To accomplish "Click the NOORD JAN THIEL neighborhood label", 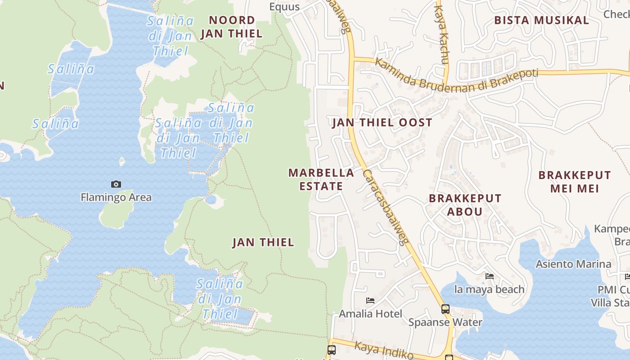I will pyautogui.click(x=231, y=27).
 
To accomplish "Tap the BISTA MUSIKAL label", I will pyautogui.click(x=541, y=20).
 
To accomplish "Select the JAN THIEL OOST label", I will pyautogui.click(x=382, y=122).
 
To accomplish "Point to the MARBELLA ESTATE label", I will pyautogui.click(x=321, y=180).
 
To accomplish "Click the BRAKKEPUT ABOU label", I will pyautogui.click(x=465, y=205).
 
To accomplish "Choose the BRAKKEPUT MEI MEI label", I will pyautogui.click(x=575, y=181).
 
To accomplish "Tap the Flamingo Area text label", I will pyautogui.click(x=116, y=197).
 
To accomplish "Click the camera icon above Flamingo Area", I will pyautogui.click(x=116, y=184).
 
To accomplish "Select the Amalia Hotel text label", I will pyautogui.click(x=371, y=314).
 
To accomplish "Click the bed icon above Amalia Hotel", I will pyautogui.click(x=370, y=301).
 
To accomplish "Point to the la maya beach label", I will pyautogui.click(x=490, y=289).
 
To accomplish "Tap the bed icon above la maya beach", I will pyautogui.click(x=490, y=276).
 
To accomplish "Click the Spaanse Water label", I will pyautogui.click(x=445, y=322).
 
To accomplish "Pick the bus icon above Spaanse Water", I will pyautogui.click(x=445, y=309).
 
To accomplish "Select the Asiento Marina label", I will pyautogui.click(x=573, y=264).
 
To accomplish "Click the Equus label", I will pyautogui.click(x=284, y=7).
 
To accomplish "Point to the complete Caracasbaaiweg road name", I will pyautogui.click(x=385, y=207).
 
